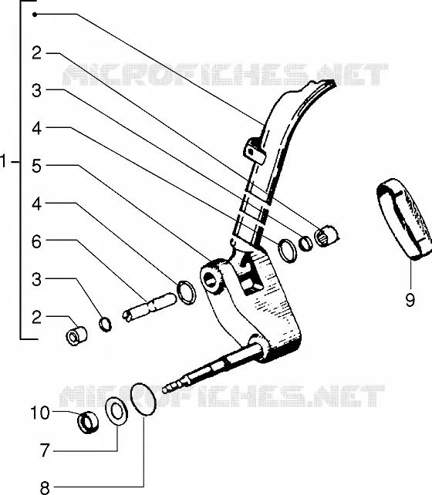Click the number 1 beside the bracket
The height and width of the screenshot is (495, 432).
tap(4, 161)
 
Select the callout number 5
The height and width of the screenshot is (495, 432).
tap(36, 166)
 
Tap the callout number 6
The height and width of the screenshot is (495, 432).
tap(36, 241)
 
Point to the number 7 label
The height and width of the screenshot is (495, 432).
tap(46, 450)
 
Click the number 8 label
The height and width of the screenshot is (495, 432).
tap(46, 487)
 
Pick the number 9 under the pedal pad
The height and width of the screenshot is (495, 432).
tap(410, 300)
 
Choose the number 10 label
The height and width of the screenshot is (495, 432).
tap(40, 412)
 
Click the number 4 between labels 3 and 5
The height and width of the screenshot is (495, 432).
tap(36, 129)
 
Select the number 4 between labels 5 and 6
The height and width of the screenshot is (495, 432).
tap(36, 204)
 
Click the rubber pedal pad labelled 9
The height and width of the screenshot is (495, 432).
tap(403, 218)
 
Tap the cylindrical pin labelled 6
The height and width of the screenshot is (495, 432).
tap(149, 307)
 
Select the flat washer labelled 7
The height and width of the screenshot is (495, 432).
tap(116, 411)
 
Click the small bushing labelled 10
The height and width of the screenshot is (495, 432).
tap(88, 422)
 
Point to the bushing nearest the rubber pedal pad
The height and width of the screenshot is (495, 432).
tap(326, 236)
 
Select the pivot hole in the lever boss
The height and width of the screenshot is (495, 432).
tap(209, 279)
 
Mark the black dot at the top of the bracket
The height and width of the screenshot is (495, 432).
tap(35, 15)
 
